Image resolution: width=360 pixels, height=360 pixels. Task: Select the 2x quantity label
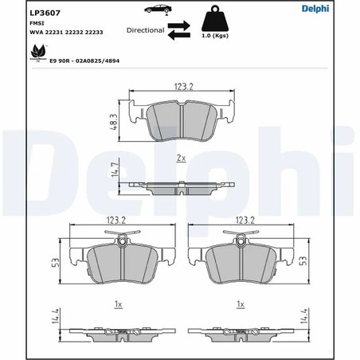[180, 158]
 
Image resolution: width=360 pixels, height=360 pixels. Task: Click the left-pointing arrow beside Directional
[178, 33]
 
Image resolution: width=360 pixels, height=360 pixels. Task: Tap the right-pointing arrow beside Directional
[179, 25]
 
